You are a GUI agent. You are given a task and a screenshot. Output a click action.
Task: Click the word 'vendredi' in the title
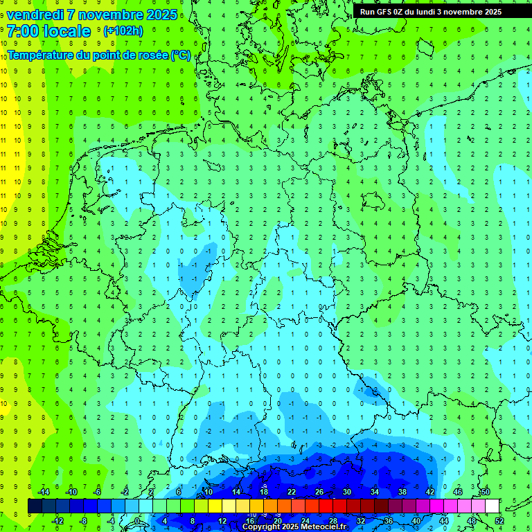tap(34, 15)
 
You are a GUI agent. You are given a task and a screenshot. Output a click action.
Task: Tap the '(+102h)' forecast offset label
tap(123, 30)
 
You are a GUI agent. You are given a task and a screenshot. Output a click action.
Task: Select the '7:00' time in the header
tap(22, 31)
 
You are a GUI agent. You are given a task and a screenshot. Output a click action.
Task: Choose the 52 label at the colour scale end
tap(499, 521)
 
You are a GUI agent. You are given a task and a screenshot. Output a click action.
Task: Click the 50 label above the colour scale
tap(485, 492)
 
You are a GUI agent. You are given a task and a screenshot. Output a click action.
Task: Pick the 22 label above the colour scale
tap(291, 492)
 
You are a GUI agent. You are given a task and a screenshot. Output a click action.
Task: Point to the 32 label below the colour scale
tap(361, 521)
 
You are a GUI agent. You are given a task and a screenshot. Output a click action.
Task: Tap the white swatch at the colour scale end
tap(492, 506)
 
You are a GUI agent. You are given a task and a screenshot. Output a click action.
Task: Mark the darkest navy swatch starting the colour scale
tap(35, 506)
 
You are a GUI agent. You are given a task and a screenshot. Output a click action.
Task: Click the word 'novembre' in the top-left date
tap(100, 15)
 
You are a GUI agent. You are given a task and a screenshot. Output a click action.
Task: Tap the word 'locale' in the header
tap(66, 31)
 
